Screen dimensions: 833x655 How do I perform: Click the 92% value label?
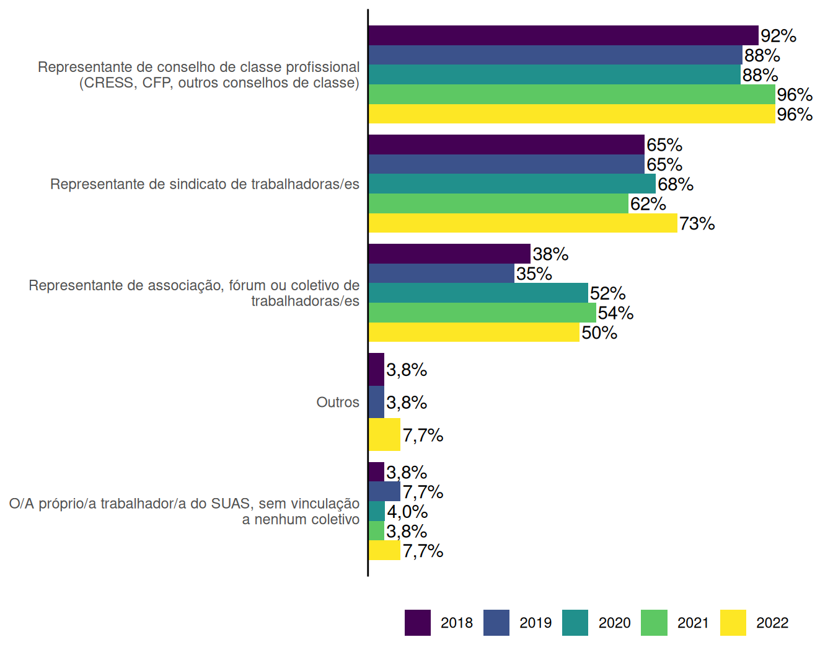[778, 35]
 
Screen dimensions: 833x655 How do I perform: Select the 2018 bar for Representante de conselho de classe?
[563, 35]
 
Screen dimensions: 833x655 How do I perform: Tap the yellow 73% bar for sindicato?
[523, 223]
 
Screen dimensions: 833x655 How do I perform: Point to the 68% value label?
[676, 184]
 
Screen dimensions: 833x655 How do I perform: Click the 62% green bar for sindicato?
[498, 203]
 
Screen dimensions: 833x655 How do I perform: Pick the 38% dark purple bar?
[449, 254]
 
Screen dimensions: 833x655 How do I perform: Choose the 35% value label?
[534, 274]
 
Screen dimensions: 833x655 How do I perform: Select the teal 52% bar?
[478, 293]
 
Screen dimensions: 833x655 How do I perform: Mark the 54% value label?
[615, 313]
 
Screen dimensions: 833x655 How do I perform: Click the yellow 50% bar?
[474, 332]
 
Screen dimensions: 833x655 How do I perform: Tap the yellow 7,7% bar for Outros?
[384, 434]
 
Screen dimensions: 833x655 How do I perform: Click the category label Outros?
[338, 403]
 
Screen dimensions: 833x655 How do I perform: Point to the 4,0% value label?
[407, 512]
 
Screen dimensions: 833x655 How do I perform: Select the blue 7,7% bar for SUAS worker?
[384, 491]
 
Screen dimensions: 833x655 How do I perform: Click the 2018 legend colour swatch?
[418, 623]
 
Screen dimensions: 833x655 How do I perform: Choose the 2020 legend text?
[614, 623]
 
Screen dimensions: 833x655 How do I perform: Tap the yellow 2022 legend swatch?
[733, 623]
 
